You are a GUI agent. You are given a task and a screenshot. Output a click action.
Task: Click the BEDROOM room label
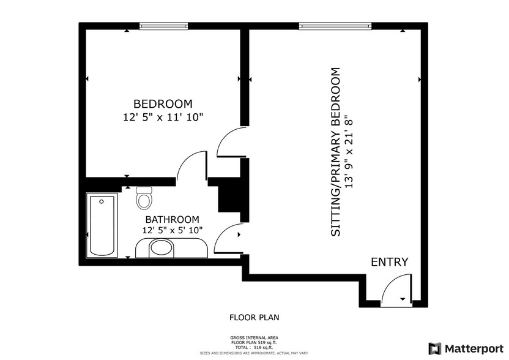[163, 103]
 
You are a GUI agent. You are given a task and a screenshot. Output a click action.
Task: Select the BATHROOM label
[172, 219]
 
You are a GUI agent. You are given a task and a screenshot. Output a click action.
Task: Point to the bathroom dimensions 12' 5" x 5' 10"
[172, 230]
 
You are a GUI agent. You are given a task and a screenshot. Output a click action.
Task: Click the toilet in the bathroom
[144, 198]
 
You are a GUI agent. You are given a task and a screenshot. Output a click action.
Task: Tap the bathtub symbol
[102, 225]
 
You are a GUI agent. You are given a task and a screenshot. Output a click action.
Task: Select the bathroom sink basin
[162, 248]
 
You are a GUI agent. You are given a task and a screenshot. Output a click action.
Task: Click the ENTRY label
[389, 262]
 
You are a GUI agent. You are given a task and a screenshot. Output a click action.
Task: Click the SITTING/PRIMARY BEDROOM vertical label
[335, 153]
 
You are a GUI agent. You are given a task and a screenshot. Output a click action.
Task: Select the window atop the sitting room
[335, 26]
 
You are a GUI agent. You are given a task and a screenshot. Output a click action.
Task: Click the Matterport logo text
[474, 348]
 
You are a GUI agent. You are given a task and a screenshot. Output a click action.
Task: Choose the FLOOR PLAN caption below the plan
[254, 317]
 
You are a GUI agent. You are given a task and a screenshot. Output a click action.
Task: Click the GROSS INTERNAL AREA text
[254, 338]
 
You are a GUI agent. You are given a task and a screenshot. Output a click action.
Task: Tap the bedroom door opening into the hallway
[191, 167]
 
